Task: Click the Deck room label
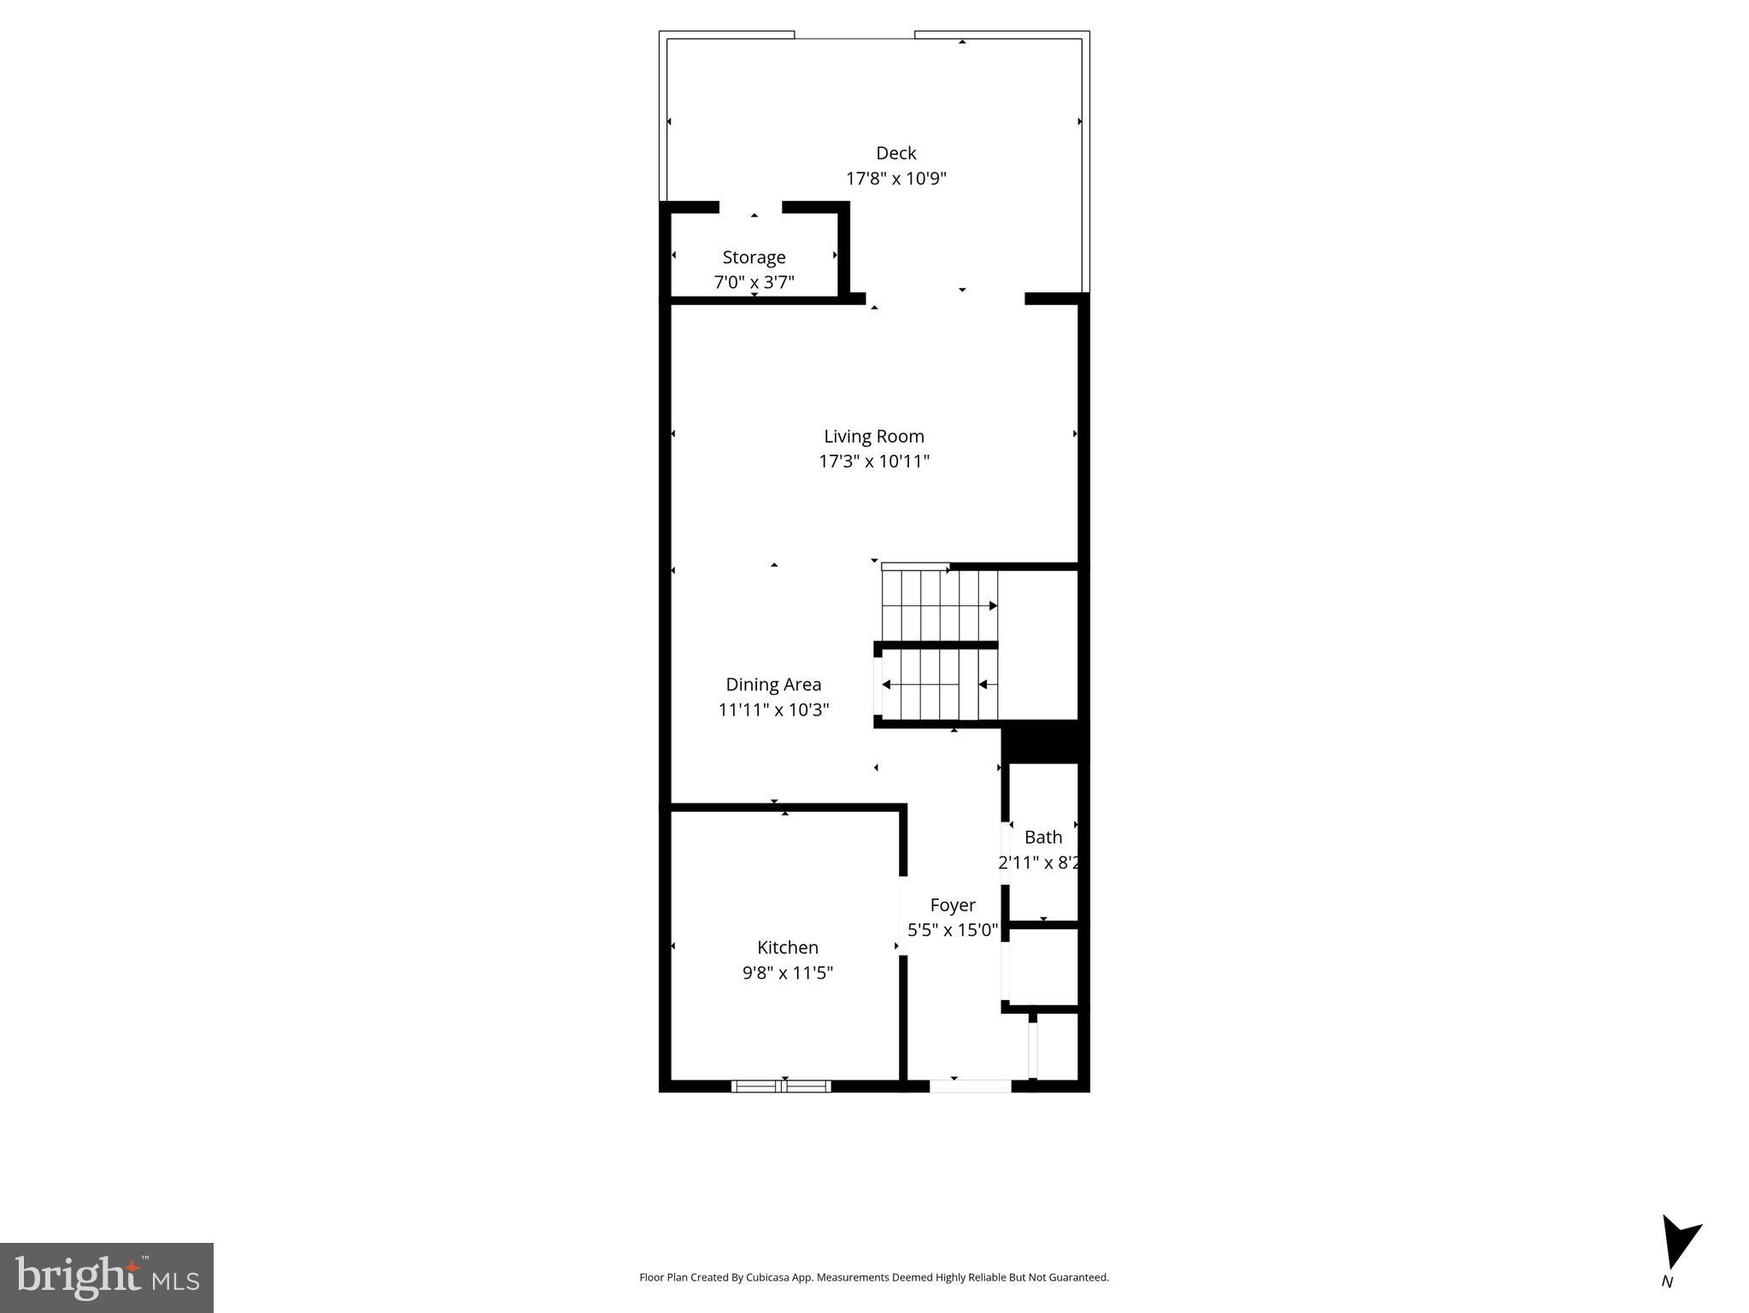click(x=895, y=153)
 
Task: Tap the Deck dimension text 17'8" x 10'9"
click(x=895, y=179)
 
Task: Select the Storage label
click(x=754, y=257)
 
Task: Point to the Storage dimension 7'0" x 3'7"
click(x=754, y=282)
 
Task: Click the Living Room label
click(x=873, y=436)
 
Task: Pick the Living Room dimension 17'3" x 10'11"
click(x=873, y=462)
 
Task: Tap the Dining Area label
click(x=773, y=684)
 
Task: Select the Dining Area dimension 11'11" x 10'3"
click(x=773, y=709)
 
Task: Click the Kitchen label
click(x=787, y=947)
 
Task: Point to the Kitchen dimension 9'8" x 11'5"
click(x=787, y=973)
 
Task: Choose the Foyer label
click(x=952, y=904)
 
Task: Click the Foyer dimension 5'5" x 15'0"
click(x=952, y=930)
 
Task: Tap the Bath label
click(x=1042, y=837)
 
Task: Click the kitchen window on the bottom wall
click(x=781, y=1086)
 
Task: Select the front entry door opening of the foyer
click(x=970, y=1086)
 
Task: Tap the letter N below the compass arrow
click(x=1666, y=1282)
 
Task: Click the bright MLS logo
click(x=107, y=1277)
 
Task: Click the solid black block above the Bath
click(x=1044, y=742)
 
